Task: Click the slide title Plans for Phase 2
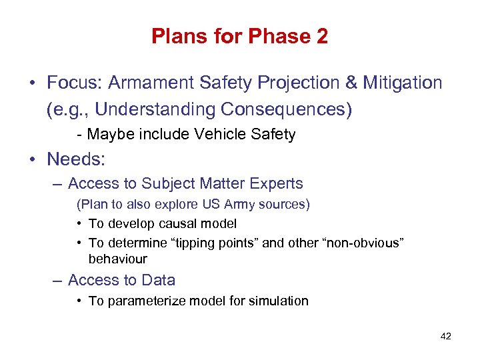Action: click(x=239, y=36)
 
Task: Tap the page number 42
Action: click(x=446, y=336)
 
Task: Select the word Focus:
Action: click(x=75, y=83)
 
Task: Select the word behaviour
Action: click(x=117, y=259)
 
